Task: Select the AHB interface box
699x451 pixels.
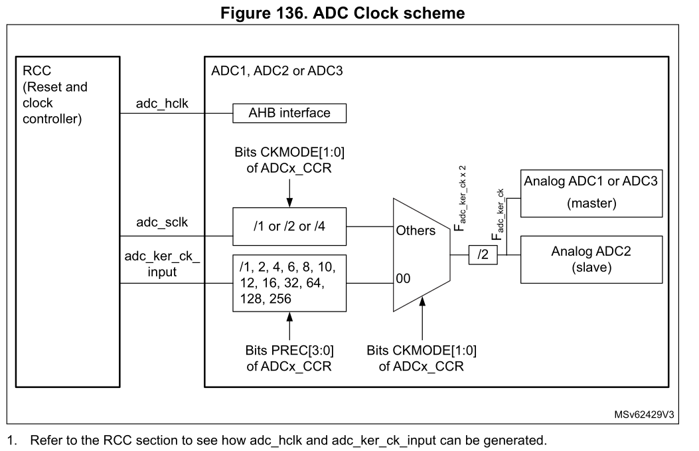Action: coord(290,113)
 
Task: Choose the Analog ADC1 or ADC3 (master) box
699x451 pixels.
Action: coord(591,193)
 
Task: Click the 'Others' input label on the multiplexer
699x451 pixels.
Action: coord(415,230)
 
